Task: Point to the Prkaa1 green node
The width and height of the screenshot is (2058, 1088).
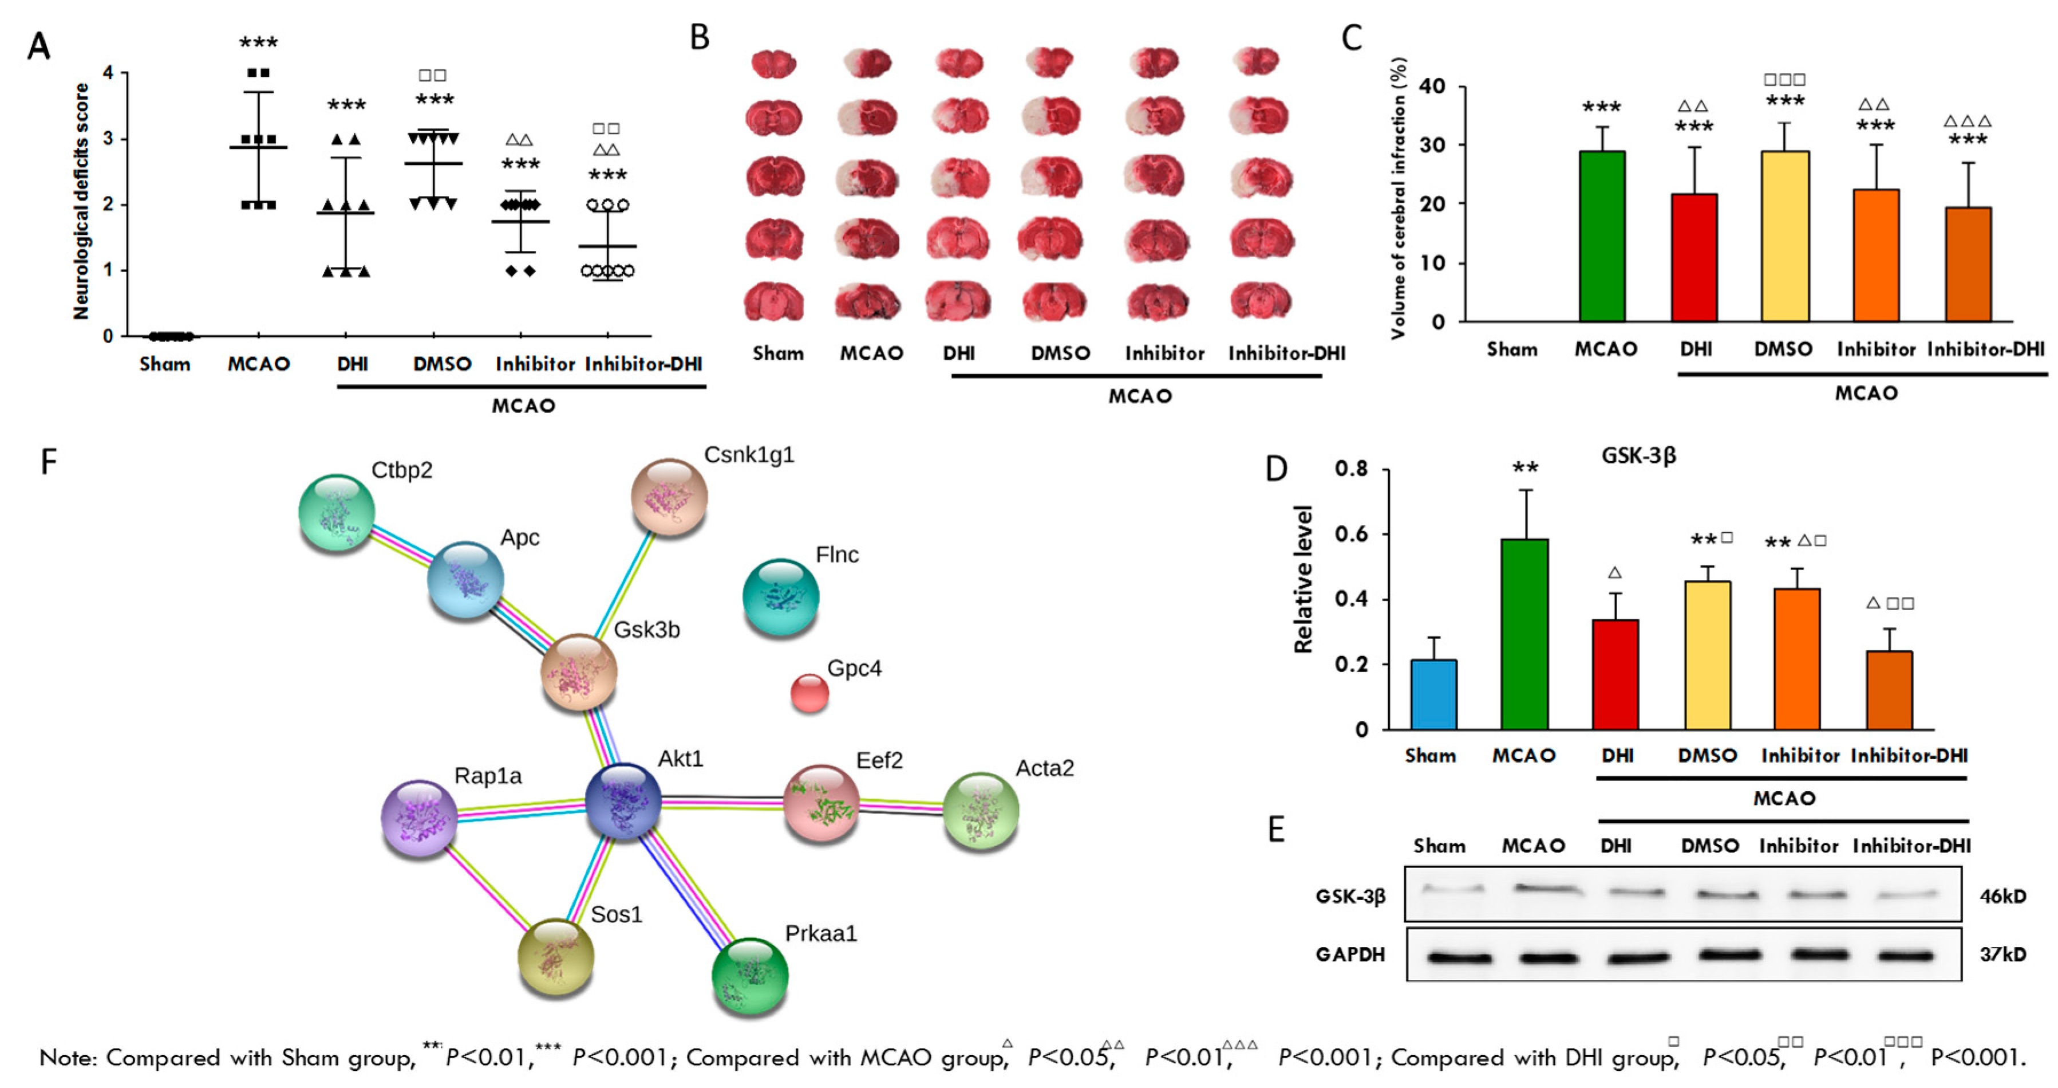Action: pyautogui.click(x=749, y=975)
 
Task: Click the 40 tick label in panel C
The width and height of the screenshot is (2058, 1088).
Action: pyautogui.click(x=1432, y=87)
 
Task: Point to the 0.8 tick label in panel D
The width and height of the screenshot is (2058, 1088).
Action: pyautogui.click(x=1351, y=469)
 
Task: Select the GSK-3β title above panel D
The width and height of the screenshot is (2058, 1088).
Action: pyautogui.click(x=1638, y=455)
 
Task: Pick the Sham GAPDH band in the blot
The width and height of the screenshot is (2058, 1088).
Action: pyautogui.click(x=1458, y=957)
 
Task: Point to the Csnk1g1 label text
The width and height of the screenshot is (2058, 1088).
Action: pyautogui.click(x=749, y=455)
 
